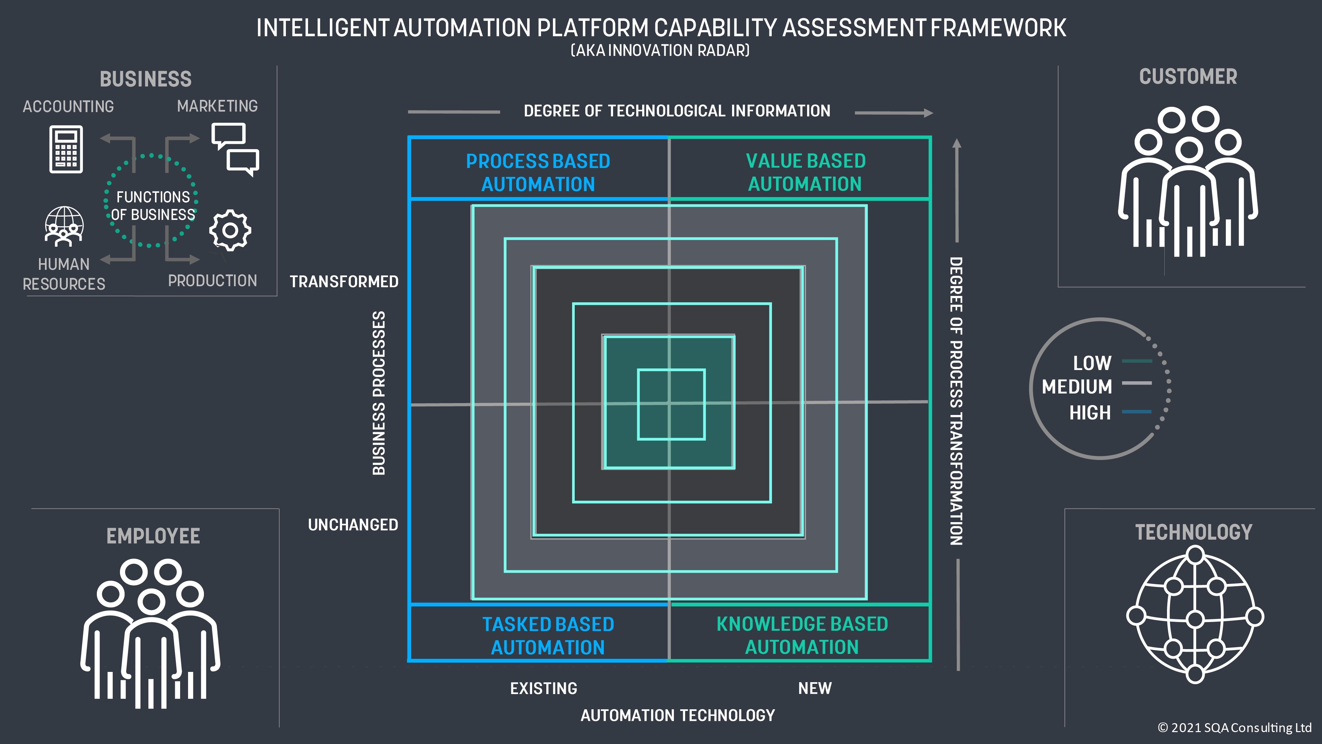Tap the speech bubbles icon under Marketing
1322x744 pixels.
click(235, 149)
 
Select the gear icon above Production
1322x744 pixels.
click(230, 230)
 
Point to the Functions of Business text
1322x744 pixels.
click(153, 205)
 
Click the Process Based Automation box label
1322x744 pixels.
click(538, 173)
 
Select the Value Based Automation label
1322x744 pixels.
click(805, 173)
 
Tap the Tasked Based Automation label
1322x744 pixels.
click(548, 636)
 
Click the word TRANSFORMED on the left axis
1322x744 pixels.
click(344, 281)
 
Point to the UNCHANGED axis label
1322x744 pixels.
click(353, 525)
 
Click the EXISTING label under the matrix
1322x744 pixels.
click(543, 688)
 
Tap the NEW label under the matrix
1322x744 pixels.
click(814, 688)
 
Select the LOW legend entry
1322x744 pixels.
click(1092, 363)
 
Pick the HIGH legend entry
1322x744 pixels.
click(1090, 412)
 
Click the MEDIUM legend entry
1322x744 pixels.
click(1077, 387)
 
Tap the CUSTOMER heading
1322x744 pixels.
click(1188, 76)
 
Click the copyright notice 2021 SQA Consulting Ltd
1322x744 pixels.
click(1234, 727)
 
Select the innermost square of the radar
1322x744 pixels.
click(671, 404)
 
